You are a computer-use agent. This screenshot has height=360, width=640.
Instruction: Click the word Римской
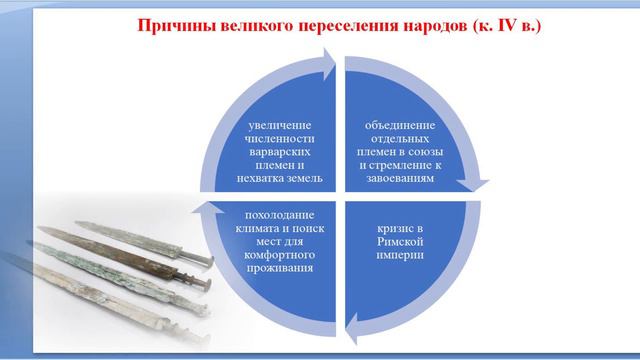click(397, 240)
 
